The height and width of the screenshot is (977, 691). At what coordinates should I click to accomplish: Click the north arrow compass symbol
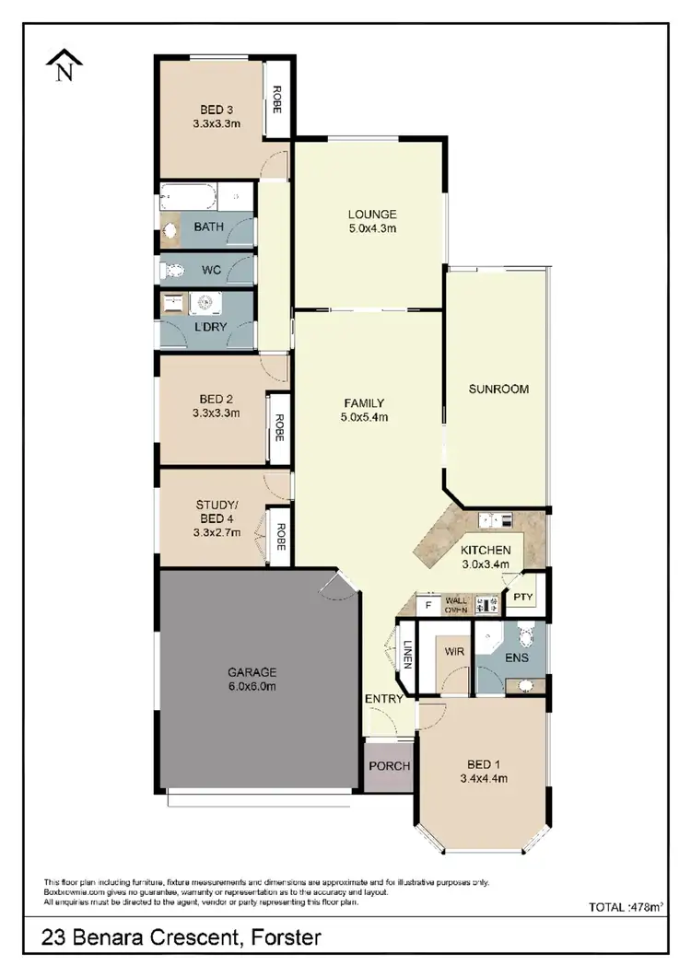pos(64,66)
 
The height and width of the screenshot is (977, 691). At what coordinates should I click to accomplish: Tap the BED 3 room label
pos(217,107)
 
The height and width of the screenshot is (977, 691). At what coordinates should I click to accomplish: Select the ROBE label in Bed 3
pos(275,99)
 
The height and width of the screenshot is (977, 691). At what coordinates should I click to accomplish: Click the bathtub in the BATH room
pos(189,196)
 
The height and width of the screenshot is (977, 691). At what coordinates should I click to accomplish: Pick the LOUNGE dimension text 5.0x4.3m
pos(372,229)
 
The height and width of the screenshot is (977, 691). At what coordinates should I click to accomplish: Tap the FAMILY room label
pos(364,402)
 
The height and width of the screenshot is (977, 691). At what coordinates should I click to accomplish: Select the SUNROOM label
pos(498,389)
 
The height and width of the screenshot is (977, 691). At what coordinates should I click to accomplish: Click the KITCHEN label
pos(486,550)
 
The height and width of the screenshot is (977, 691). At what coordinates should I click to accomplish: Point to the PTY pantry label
pos(523,597)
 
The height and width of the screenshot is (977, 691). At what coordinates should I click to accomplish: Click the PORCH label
pos(389,766)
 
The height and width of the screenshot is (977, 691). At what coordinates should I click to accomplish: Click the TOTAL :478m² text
pos(627,907)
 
